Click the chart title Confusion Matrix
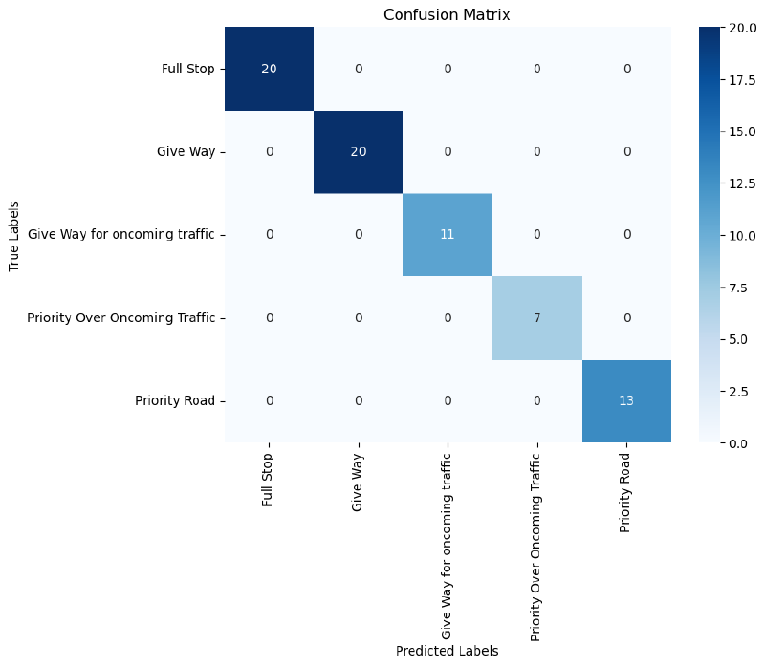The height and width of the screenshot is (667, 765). [447, 15]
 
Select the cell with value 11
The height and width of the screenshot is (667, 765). [447, 234]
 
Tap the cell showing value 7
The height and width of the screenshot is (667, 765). [536, 317]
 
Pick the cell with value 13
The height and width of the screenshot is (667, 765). [625, 400]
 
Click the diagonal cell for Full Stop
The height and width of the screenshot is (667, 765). [269, 69]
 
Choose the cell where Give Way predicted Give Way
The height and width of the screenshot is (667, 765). [358, 152]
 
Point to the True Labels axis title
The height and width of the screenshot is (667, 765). [14, 235]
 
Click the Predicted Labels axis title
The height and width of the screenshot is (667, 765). [447, 651]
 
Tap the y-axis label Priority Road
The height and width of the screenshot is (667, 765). [175, 400]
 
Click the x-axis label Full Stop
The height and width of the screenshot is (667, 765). [269, 478]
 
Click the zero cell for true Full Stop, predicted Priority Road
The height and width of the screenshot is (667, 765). [625, 69]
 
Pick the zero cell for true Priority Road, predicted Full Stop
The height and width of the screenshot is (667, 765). [269, 400]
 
